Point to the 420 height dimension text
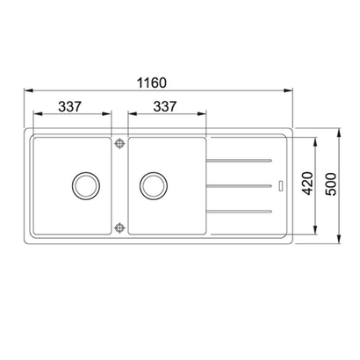coord(308,185)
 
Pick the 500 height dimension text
coord(330,185)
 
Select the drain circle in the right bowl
coord(152,185)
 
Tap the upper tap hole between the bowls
coord(119,143)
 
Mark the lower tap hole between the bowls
coord(119,227)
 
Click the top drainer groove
coord(236,160)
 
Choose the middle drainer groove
coord(236,185)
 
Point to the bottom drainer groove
coord(236,211)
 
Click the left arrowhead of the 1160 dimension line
coord(25,90)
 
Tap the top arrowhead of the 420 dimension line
coord(317,143)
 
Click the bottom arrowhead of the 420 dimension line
coord(317,228)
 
